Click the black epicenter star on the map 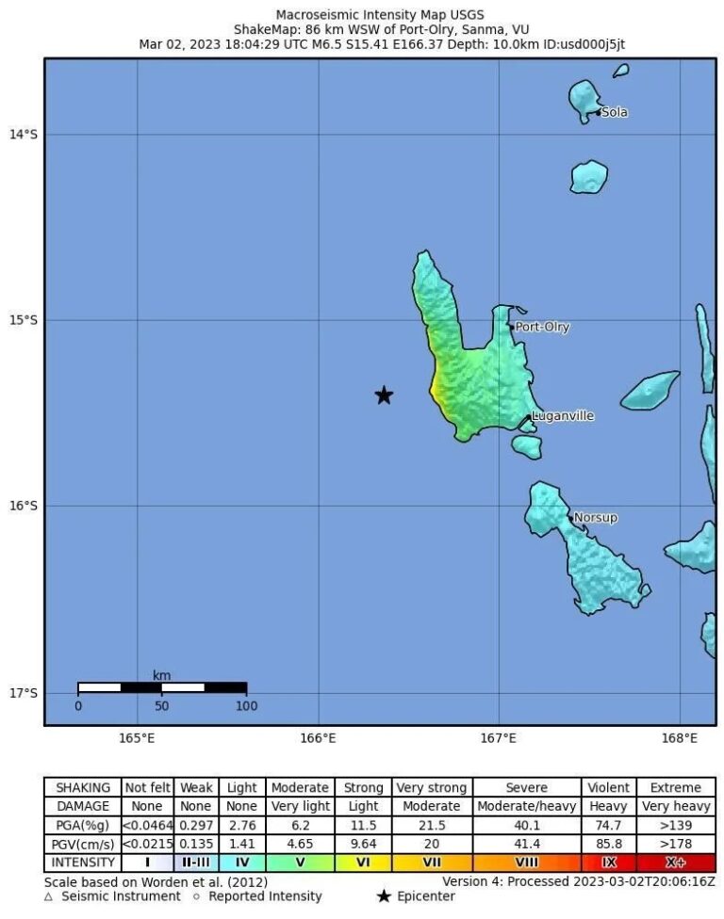384,395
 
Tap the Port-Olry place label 542,328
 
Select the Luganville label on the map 563,416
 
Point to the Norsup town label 596,518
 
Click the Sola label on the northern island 615,113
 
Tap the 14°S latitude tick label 24,135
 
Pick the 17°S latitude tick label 24,694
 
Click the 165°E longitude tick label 138,738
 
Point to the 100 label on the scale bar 246,706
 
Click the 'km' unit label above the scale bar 161,675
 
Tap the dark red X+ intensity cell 676,863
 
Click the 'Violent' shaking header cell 609,787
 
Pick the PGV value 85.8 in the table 609,844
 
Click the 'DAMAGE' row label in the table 83,806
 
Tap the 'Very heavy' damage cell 676,806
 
